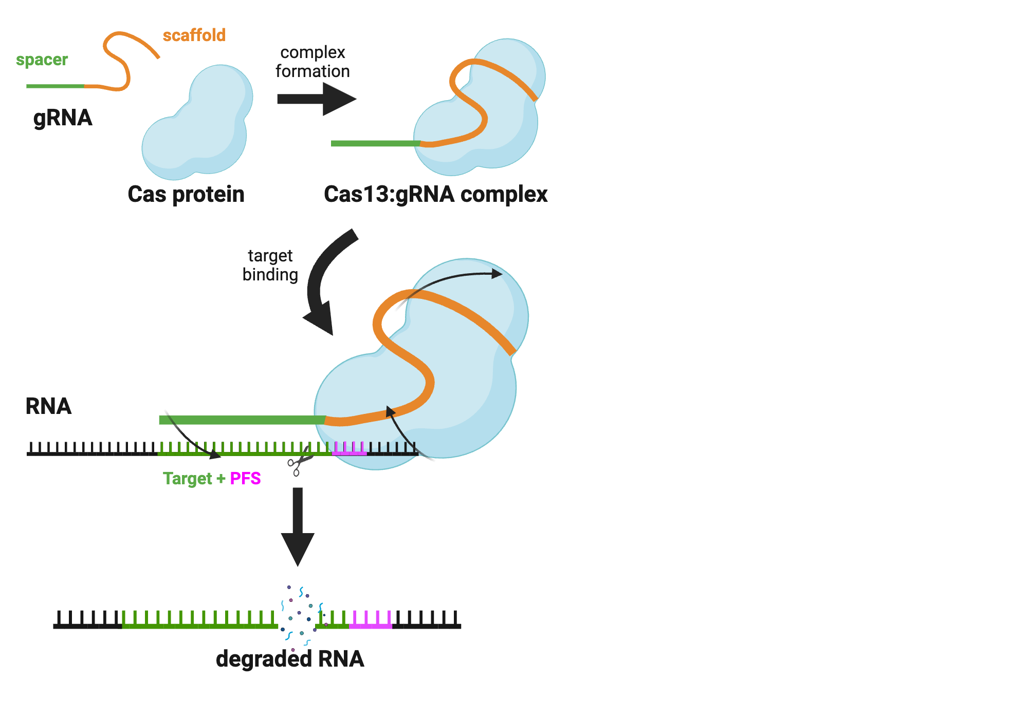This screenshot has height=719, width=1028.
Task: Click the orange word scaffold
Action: pyautogui.click(x=194, y=35)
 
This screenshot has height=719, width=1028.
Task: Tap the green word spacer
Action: pyautogui.click(x=42, y=60)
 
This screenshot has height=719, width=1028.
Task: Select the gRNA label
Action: pyautogui.click(x=63, y=118)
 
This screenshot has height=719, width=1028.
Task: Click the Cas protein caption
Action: pyautogui.click(x=186, y=194)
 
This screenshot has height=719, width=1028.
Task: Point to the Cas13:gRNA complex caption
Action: pyautogui.click(x=435, y=194)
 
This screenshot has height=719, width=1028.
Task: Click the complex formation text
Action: pyautogui.click(x=313, y=62)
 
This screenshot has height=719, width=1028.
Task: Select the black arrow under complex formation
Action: pyautogui.click(x=316, y=99)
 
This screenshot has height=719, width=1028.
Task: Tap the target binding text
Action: pyautogui.click(x=270, y=265)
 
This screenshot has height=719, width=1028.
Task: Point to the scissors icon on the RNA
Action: pyautogui.click(x=300, y=462)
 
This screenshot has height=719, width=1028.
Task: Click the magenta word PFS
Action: pyautogui.click(x=245, y=479)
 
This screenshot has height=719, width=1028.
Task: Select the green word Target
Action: pyautogui.click(x=187, y=479)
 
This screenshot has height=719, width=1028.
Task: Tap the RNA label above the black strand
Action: pyautogui.click(x=48, y=406)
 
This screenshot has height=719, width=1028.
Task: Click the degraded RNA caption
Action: pyautogui.click(x=290, y=659)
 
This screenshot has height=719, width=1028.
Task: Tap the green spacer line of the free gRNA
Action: pyautogui.click(x=55, y=86)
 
